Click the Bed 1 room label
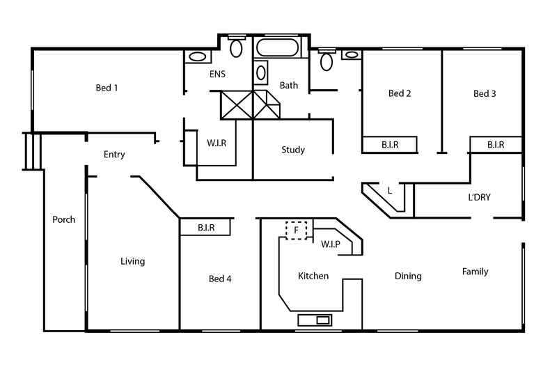(x=107, y=88)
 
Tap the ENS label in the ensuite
(x=217, y=73)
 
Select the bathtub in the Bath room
(x=278, y=49)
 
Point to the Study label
(x=293, y=150)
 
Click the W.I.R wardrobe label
(x=217, y=143)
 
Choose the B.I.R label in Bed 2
(x=389, y=145)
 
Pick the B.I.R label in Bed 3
(x=495, y=145)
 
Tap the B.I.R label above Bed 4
(x=205, y=227)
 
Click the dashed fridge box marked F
(x=296, y=230)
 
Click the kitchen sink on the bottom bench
(x=315, y=320)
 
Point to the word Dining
(x=408, y=276)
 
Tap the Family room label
(x=475, y=272)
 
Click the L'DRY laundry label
(x=479, y=197)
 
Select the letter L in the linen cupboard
(x=389, y=191)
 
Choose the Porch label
(x=63, y=219)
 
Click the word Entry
(x=114, y=155)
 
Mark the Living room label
(x=132, y=261)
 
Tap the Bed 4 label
(x=220, y=279)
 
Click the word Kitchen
(x=313, y=276)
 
